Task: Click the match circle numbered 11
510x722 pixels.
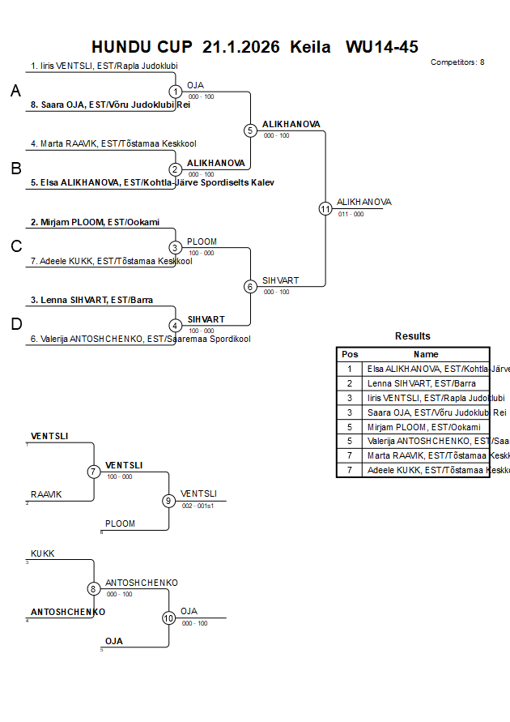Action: point(325,208)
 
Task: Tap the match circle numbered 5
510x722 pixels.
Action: point(250,130)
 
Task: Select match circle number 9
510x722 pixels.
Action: point(168,501)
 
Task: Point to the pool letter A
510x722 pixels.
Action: point(15,92)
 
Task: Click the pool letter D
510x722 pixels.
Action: point(15,324)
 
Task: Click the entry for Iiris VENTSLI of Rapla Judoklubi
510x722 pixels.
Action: point(104,66)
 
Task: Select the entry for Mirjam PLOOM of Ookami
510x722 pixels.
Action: point(95,222)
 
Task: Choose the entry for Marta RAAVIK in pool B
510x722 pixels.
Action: point(113,144)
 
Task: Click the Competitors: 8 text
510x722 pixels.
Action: point(457,62)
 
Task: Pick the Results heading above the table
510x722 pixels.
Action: point(413,336)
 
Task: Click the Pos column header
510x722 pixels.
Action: point(350,354)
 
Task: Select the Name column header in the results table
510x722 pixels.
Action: point(426,354)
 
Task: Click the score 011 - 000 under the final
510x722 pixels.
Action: point(351,215)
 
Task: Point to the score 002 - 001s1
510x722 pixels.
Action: point(198,506)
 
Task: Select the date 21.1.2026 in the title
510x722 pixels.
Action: point(240,46)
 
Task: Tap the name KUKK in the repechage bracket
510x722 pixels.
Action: point(43,553)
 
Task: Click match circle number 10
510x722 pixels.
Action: point(168,617)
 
